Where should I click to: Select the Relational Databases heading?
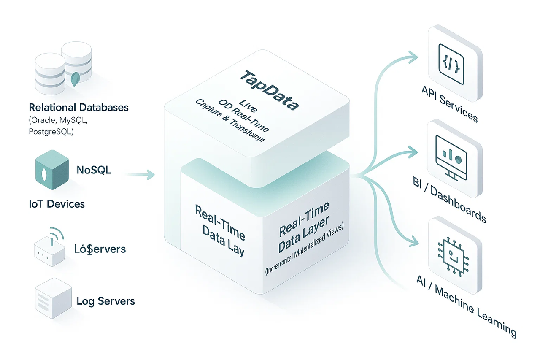pyautogui.click(x=78, y=107)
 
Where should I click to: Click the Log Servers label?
pyautogui.click(x=106, y=301)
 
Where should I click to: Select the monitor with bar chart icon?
pyautogui.click(x=452, y=156)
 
